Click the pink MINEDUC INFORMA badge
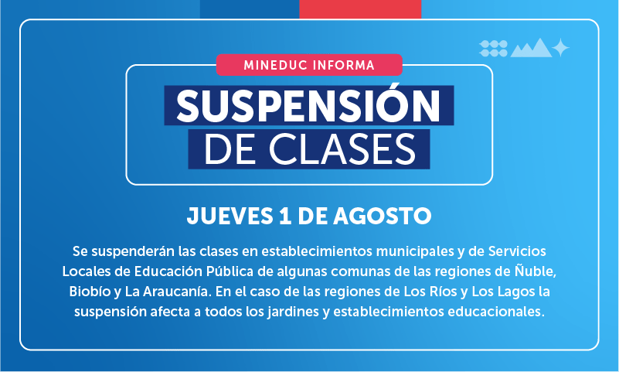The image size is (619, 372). tap(309, 65)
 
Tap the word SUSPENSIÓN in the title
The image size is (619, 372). tap(308, 106)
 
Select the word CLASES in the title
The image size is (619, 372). tap(342, 149)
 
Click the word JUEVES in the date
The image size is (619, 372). tap(230, 216)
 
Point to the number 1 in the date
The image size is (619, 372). tap(285, 216)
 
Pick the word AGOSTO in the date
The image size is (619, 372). tap(382, 216)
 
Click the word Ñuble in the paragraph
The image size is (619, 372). tap(536, 271)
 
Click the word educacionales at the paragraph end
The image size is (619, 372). tap(496, 312)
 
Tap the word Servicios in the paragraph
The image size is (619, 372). tap(517, 251)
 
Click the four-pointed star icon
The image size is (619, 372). tap(560, 48)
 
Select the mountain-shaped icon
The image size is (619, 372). tap(531, 48)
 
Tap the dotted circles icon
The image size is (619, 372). tap(494, 49)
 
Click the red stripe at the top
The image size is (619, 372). tap(360, 9)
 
